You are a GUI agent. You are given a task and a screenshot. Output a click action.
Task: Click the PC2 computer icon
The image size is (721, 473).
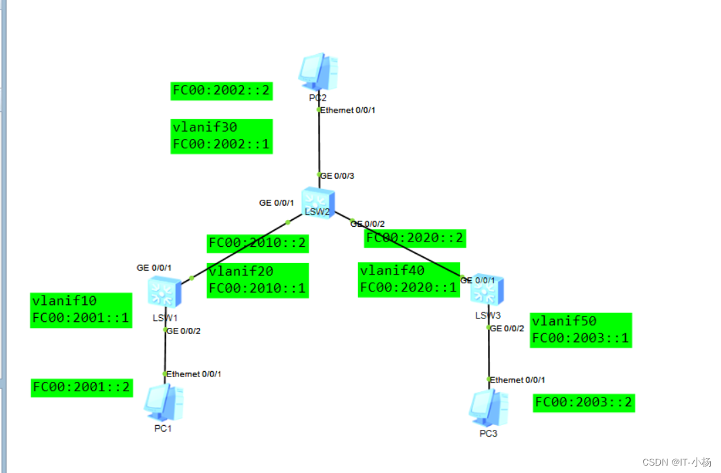[x=318, y=72]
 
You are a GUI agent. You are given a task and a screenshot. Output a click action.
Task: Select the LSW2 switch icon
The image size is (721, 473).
[x=317, y=200]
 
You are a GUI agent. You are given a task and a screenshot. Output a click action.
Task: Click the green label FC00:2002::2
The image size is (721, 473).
[x=222, y=91]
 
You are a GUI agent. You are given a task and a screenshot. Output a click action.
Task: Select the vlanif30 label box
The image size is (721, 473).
[x=222, y=136]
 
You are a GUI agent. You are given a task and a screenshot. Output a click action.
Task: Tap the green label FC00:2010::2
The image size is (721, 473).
[x=257, y=243]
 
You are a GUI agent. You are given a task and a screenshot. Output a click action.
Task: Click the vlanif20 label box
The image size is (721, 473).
[x=257, y=280]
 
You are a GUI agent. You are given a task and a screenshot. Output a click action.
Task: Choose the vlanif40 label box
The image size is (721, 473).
[x=409, y=279]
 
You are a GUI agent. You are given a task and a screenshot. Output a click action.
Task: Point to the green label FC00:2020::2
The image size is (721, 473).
[x=415, y=238]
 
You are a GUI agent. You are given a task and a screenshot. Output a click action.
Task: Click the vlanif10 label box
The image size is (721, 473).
[x=80, y=310]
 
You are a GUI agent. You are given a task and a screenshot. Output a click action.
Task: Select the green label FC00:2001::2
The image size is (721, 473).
[x=81, y=388]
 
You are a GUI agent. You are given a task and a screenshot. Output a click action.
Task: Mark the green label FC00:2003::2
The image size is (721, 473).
[x=584, y=403]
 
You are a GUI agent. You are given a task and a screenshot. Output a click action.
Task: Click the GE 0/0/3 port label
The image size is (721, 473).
[x=337, y=175]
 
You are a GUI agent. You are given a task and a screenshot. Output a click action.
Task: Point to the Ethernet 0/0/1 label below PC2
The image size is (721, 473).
[x=347, y=110]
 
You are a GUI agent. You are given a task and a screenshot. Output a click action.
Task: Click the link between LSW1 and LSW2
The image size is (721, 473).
[x=240, y=250]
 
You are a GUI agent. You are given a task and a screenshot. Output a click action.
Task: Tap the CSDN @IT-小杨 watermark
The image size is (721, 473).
[x=676, y=462]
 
